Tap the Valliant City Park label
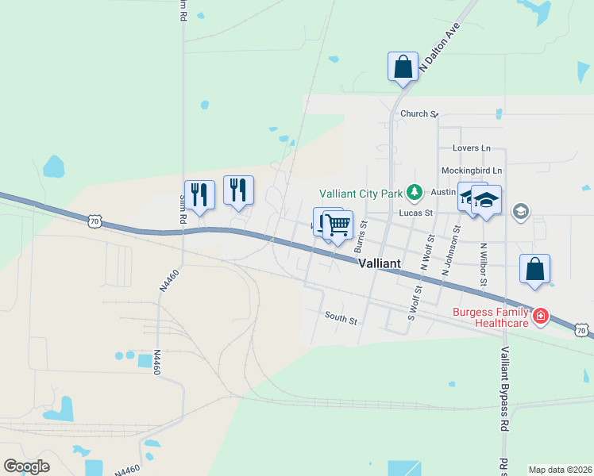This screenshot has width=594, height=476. tap(361, 193)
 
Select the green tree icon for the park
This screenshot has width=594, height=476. tap(414, 192)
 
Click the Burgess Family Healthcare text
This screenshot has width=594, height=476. tap(491, 317)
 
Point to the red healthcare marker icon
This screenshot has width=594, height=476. tap(541, 317)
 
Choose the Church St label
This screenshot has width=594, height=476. tap(419, 114)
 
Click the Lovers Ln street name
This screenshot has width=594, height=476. tap(472, 148)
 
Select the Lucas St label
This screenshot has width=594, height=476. tap(416, 213)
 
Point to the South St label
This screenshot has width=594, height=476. tap(341, 318)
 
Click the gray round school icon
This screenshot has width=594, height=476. tap(521, 211)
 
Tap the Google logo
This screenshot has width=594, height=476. tap(27, 466)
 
